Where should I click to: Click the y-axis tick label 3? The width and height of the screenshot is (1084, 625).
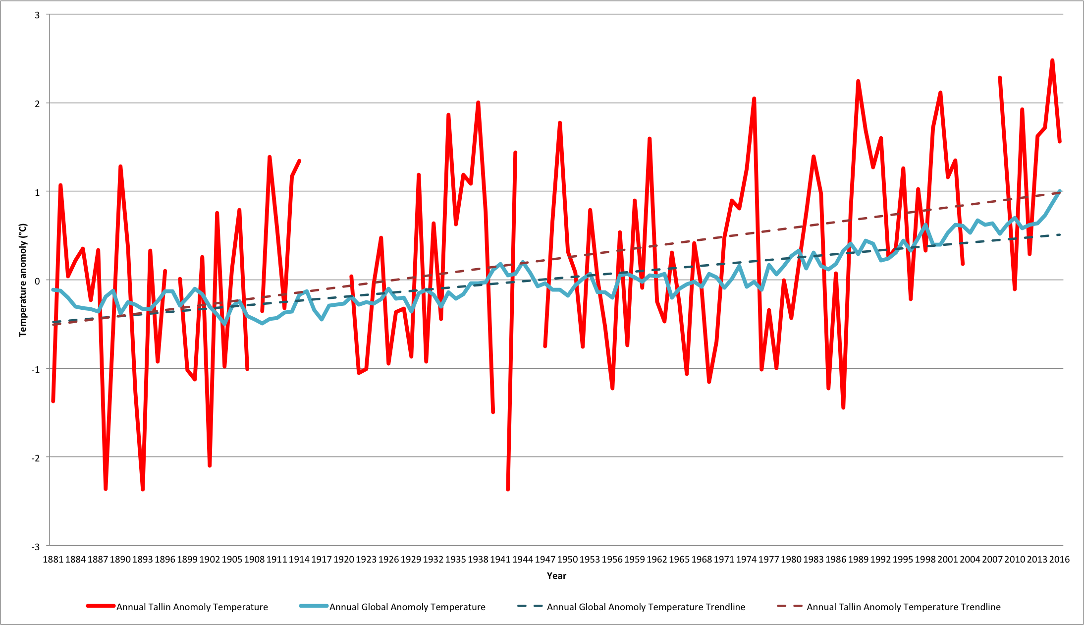(x=37, y=15)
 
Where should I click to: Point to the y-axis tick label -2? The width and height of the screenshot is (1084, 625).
(x=36, y=457)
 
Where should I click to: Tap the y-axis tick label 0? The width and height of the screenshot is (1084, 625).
(x=37, y=281)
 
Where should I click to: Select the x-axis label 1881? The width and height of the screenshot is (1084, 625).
(x=53, y=560)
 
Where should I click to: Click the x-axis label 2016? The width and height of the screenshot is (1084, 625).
(x=1059, y=560)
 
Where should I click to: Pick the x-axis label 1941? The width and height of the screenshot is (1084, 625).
(x=500, y=560)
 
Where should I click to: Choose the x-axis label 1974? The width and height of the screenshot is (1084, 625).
(x=746, y=560)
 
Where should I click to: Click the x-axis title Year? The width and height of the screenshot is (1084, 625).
(x=556, y=576)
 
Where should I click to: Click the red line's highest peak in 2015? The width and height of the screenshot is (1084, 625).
(x=1052, y=60)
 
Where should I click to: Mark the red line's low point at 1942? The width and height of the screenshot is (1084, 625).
(x=508, y=489)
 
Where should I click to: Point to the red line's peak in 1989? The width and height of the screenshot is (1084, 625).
(x=858, y=81)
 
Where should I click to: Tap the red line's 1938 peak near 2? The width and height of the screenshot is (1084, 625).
(x=478, y=103)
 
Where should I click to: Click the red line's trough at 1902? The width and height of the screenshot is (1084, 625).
(x=210, y=465)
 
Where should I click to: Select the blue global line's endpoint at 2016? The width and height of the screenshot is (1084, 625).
(x=1059, y=191)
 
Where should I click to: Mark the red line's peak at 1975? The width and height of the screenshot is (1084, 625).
(x=754, y=99)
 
